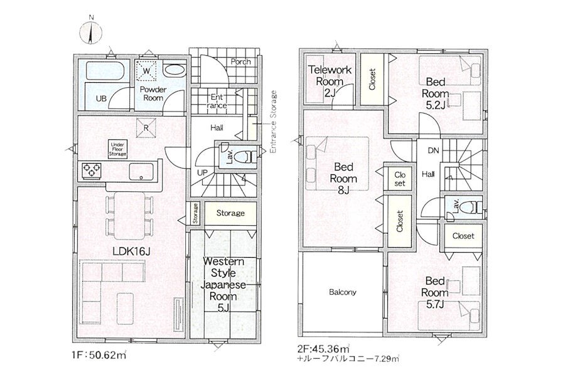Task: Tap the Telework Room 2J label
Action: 330,82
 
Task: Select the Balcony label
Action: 342,292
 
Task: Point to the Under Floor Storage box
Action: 118,149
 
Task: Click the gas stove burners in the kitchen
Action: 92,170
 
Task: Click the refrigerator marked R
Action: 146,128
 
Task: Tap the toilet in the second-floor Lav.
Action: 473,207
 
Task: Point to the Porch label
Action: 240,61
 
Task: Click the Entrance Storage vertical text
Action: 274,122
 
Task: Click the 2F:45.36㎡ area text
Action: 323,349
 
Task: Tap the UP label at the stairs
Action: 203,172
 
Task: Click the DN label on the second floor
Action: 433,150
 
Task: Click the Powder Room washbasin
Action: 175,70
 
